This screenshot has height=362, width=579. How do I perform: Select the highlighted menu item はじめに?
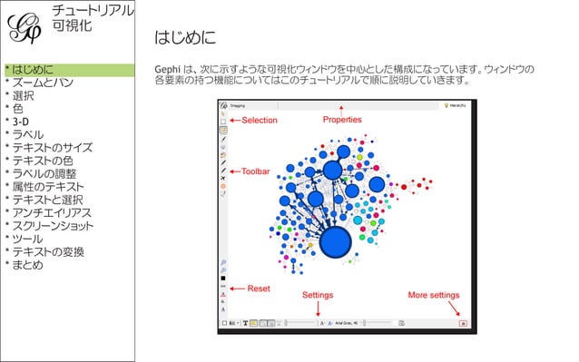tap(31, 70)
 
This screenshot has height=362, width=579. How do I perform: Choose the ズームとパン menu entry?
tap(41, 83)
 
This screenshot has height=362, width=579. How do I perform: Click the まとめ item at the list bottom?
tap(27, 265)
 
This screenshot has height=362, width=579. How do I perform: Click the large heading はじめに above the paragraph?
tap(185, 38)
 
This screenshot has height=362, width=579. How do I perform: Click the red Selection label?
tap(260, 120)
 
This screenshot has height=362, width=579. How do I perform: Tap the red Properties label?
tap(342, 120)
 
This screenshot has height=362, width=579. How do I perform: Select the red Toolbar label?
tap(256, 171)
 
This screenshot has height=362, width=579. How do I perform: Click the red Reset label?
tap(259, 289)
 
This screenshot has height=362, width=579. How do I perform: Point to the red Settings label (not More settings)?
tap(318, 295)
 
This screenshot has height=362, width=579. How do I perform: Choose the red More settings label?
tap(434, 295)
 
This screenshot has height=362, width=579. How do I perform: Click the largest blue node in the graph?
tap(336, 242)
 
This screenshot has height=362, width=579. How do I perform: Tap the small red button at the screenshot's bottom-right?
tap(463, 322)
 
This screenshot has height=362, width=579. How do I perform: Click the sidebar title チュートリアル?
tap(93, 11)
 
